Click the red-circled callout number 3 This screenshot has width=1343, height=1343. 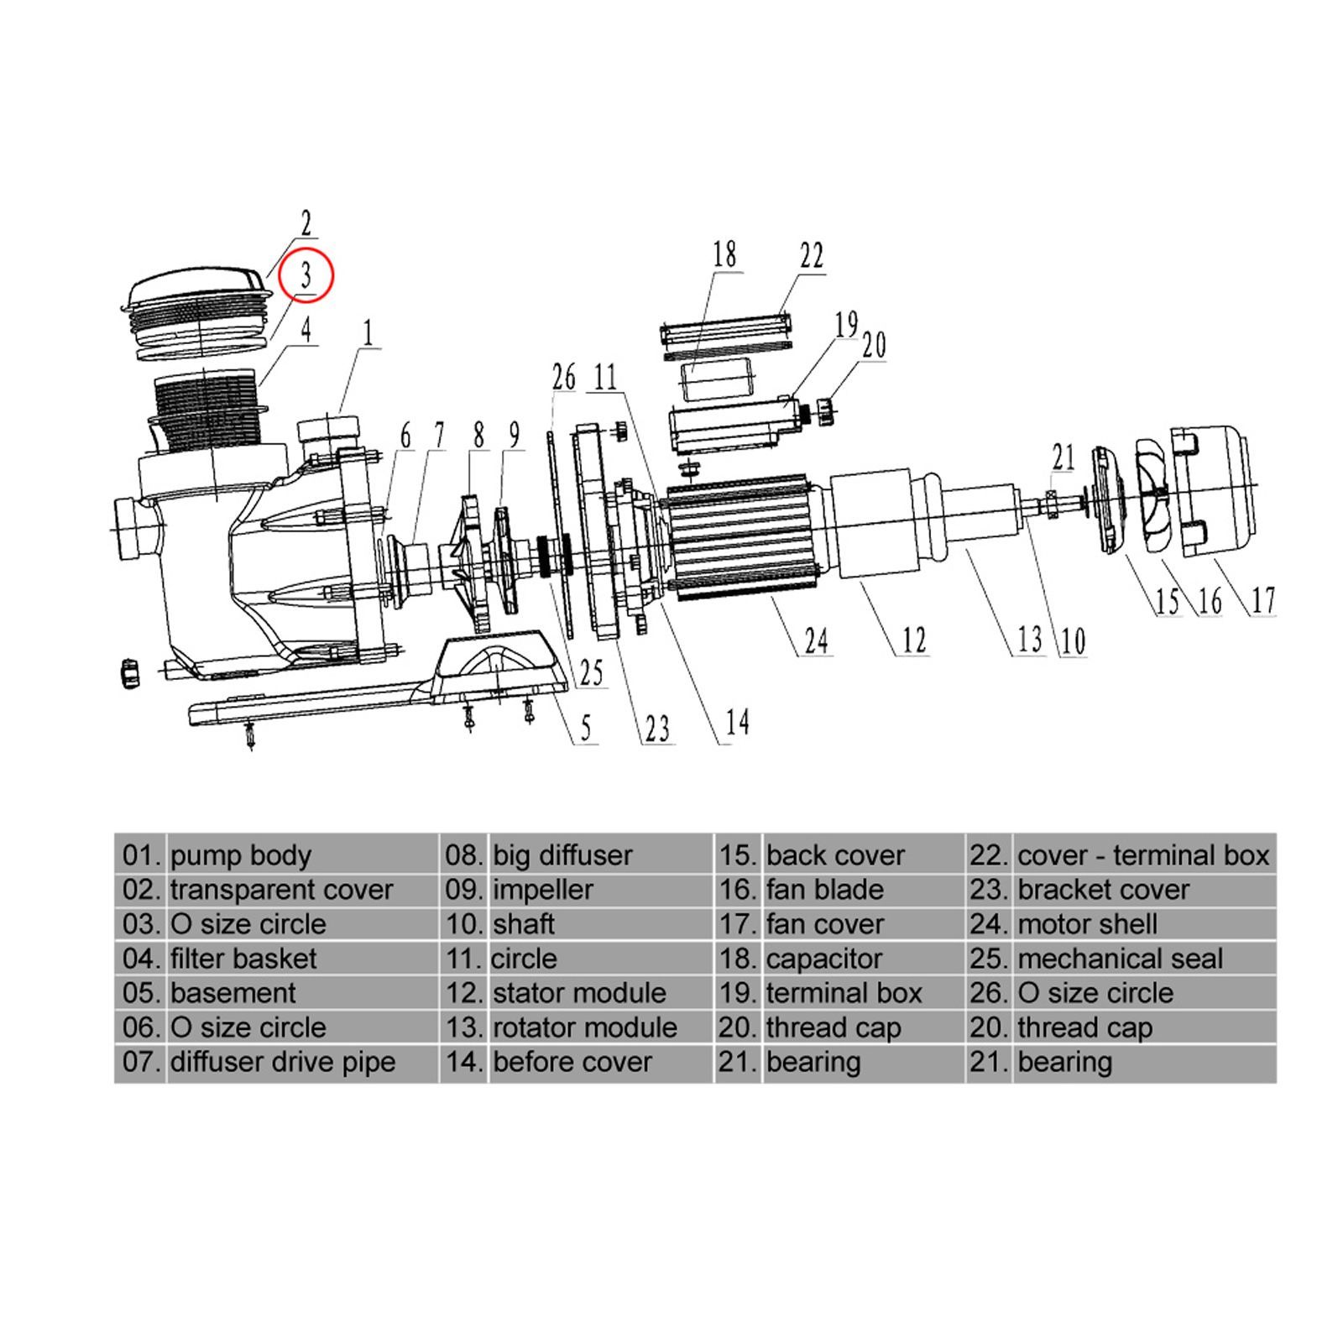pos(306,276)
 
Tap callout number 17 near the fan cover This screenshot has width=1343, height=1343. pos(1263,600)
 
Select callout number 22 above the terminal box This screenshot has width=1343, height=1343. pos(812,256)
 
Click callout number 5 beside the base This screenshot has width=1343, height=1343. pos(586,727)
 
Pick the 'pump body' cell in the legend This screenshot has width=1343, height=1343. pos(240,855)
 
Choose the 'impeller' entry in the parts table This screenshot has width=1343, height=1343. pos(542,890)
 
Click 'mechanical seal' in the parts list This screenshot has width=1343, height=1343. pos(1120,959)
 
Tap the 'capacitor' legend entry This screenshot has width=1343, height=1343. pos(823,959)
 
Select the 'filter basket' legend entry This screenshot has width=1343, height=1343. pos(243,959)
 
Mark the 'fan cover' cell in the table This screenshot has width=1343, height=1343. pos(824,924)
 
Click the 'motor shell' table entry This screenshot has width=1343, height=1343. pos(1087,924)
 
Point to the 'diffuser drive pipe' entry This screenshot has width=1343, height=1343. pos(282,1062)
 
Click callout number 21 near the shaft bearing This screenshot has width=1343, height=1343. pos(1063,457)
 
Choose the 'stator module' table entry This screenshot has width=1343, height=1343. pos(579,993)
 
